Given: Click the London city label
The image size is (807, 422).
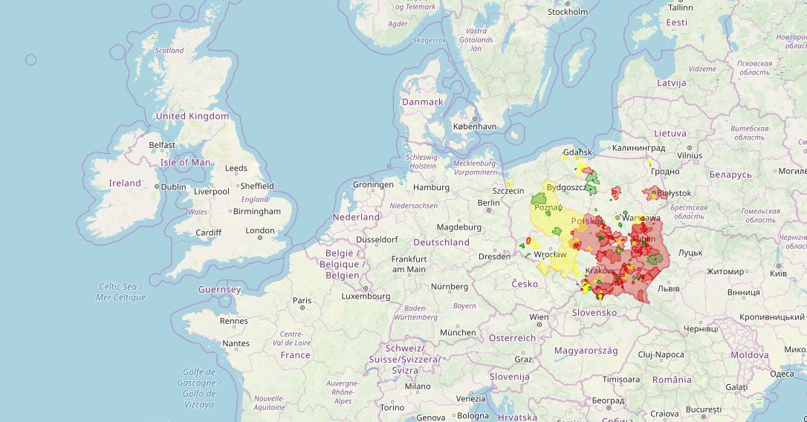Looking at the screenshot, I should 260,230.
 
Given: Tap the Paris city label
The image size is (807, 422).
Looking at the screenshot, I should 302,302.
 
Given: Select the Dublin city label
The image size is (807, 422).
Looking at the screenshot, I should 173,187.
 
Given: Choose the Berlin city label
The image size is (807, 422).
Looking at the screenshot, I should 488,203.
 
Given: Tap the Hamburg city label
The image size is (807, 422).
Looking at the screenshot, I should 431,187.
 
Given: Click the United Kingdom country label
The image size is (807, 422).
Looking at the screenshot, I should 192,116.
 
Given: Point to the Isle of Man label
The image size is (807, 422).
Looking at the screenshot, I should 185,162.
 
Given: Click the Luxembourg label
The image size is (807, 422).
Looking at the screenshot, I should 365,296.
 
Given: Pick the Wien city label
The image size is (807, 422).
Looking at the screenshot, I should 539,317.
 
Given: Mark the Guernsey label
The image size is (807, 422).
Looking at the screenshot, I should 219,289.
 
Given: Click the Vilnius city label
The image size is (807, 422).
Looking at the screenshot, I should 689,156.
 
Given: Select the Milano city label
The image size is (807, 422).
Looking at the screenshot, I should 417,386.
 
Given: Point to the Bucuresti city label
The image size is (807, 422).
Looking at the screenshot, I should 704,409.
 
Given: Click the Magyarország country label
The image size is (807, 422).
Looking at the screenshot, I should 587,350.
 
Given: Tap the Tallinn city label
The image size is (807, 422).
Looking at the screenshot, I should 680,7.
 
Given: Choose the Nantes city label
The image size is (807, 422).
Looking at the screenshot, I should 236,343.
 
